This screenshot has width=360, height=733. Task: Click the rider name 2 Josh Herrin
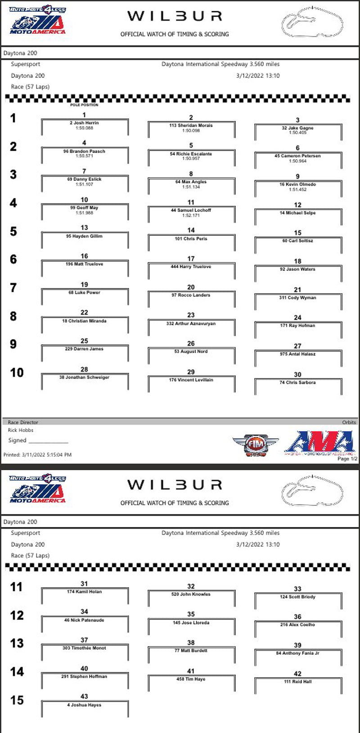[x=84, y=123]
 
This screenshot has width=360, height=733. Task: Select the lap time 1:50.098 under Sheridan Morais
[x=191, y=130]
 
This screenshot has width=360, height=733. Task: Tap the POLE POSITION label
[x=84, y=105]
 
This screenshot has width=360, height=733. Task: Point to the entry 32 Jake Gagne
[x=297, y=128]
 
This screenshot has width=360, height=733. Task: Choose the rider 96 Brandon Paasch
[x=84, y=151]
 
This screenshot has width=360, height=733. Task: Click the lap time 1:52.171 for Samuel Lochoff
[x=191, y=216]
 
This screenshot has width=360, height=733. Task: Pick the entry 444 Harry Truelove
[x=191, y=267]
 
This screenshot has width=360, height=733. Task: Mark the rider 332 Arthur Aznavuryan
[x=191, y=324]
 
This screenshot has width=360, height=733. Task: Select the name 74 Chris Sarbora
[x=297, y=382]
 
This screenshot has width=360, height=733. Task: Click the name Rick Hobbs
[x=21, y=430]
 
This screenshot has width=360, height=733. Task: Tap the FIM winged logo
[x=255, y=445]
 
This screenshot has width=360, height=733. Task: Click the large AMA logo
[x=320, y=443]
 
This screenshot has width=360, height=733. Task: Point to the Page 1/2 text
[x=347, y=459]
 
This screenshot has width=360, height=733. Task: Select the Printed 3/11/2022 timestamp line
[x=37, y=455]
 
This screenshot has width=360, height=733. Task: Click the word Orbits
[x=349, y=423]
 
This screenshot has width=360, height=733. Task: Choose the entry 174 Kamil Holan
[x=84, y=592]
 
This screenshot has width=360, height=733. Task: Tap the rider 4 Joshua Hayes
[x=84, y=705]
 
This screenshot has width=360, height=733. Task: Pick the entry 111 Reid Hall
[x=297, y=682]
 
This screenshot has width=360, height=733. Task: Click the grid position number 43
[x=84, y=697]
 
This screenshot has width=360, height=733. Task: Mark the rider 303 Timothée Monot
[x=84, y=648]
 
